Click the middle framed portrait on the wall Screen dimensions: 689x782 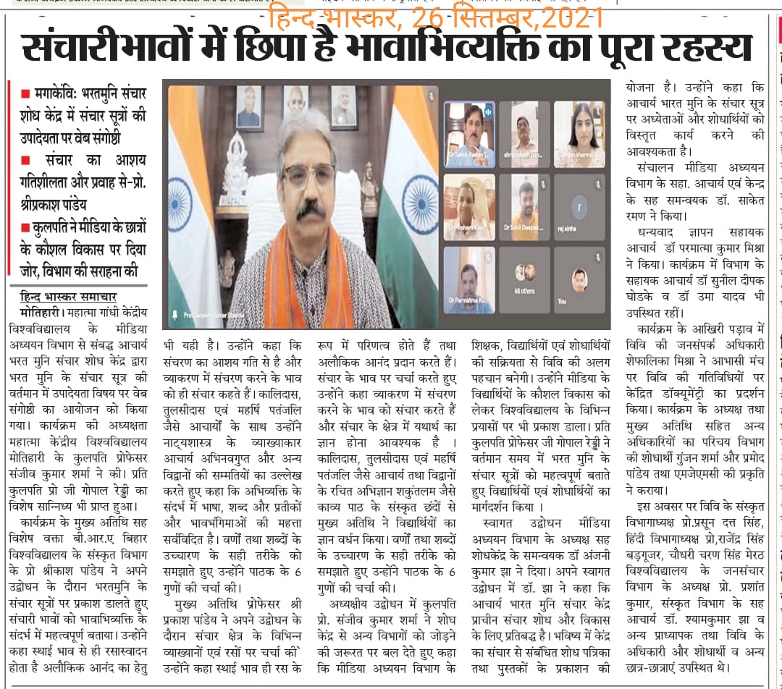pyautogui.click(x=295, y=107)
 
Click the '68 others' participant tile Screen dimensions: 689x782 pyautogui.click(x=525, y=279)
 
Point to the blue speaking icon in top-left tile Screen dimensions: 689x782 pyautogui.click(x=487, y=111)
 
